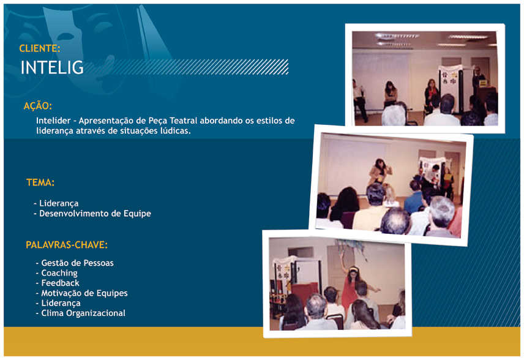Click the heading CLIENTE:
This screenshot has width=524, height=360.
39,48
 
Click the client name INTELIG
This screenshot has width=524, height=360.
52,67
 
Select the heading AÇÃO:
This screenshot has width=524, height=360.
38,106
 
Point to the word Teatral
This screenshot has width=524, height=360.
184,121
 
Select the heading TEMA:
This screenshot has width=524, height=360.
40,182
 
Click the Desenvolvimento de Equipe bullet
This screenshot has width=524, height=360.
92,214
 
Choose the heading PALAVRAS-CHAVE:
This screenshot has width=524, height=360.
67,245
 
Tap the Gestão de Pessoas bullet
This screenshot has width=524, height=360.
75,263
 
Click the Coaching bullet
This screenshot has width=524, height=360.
56,273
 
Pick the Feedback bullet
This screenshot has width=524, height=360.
58,283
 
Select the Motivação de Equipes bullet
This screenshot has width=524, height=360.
81,293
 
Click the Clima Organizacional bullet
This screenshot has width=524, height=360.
81,313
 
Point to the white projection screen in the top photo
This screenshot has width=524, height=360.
381,80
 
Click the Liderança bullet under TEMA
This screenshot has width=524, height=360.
56,203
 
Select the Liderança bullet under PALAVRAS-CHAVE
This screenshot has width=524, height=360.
58,303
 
